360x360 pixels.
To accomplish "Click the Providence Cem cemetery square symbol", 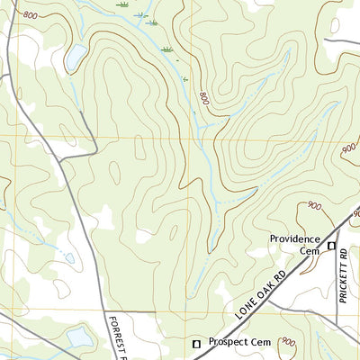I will (x=331, y=246).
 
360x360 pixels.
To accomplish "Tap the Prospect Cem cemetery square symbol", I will (x=198, y=343).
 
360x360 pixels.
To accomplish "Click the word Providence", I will (x=295, y=239).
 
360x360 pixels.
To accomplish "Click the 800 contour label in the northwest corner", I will (x=31, y=16).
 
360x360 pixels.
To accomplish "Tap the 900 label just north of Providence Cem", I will (x=313, y=206).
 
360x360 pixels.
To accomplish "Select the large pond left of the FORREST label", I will (x=79, y=337).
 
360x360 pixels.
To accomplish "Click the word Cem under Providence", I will (x=310, y=251).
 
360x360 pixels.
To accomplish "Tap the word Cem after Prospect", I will (x=270, y=342).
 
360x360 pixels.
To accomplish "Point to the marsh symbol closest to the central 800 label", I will (x=185, y=79).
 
